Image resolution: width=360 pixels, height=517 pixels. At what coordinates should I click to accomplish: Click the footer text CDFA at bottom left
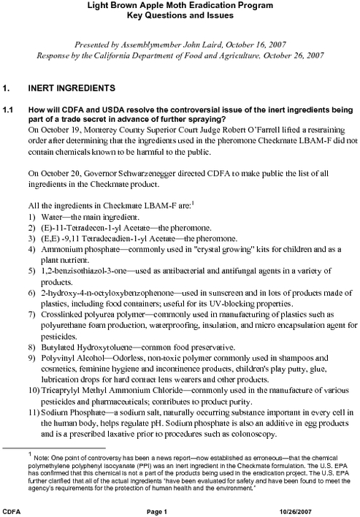click(x=12, y=508)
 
